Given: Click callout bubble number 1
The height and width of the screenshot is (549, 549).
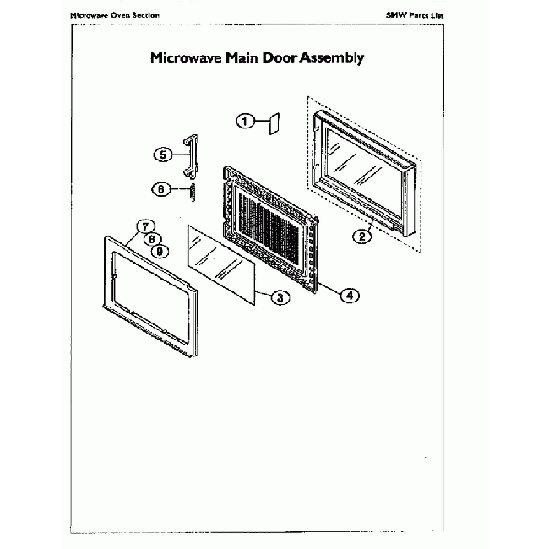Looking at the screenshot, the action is click(245, 121).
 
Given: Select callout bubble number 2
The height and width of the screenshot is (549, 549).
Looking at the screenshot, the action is click(362, 236).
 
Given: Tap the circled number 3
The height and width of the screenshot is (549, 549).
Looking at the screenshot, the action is click(280, 297).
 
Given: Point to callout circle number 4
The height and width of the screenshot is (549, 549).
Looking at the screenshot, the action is click(350, 296).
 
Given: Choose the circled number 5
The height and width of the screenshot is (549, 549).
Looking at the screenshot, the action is click(163, 155).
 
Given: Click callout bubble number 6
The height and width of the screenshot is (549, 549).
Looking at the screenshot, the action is click(161, 189).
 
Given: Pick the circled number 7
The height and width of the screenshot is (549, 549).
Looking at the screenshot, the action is click(145, 226).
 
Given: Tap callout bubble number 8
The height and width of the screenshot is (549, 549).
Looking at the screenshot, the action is click(152, 239).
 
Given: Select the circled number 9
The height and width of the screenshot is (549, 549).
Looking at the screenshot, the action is click(160, 252).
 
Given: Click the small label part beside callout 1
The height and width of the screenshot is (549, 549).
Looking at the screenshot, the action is click(274, 123).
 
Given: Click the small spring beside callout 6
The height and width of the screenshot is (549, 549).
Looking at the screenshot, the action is click(193, 193).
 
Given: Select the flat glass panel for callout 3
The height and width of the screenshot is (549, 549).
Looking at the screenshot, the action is click(221, 264).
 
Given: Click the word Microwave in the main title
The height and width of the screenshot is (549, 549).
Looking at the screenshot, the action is click(186, 57).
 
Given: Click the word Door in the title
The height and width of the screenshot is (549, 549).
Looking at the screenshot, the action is click(280, 57).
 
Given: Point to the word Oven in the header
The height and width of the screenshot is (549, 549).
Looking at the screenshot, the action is click(121, 15).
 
